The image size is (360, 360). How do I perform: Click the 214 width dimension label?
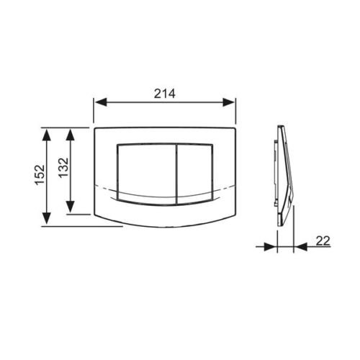[x=165, y=94]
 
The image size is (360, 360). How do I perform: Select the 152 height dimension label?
[x=40, y=174]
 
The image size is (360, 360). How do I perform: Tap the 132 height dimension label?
[x=64, y=168]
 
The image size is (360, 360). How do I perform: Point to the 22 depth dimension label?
[x=323, y=240]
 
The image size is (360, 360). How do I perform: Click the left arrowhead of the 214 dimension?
[x=101, y=102]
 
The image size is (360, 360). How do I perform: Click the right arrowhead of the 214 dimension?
[x=228, y=102]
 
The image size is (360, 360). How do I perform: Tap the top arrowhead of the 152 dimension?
[x=47, y=135]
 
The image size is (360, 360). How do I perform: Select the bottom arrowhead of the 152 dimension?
[x=47, y=218]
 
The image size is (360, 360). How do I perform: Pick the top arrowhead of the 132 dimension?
[x=71, y=135]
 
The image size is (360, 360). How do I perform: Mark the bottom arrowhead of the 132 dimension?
[x=71, y=207]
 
